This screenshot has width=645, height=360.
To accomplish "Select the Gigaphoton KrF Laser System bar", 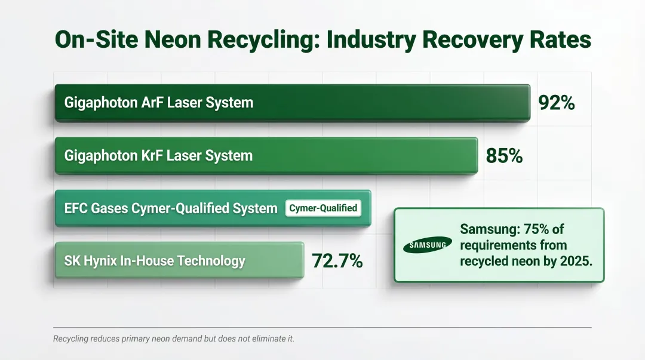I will [x=358, y=156].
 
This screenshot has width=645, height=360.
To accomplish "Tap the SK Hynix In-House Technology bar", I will [x=179, y=260].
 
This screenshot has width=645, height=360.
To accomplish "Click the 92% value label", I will [x=556, y=103].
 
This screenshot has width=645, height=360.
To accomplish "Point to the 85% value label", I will [x=504, y=156].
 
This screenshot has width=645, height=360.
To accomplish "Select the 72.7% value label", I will [x=337, y=260].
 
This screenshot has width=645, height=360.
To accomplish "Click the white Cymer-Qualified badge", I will [x=323, y=208].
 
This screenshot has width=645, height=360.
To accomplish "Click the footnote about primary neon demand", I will [x=174, y=339].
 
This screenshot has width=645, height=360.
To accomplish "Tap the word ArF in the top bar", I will [x=149, y=103].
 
